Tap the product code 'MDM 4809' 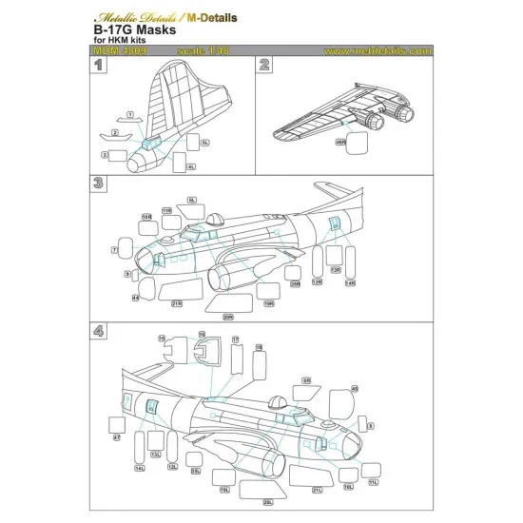coord(124,50)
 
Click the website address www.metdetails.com coord(375,50)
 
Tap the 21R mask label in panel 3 coord(177,304)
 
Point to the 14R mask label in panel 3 coord(349,282)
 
